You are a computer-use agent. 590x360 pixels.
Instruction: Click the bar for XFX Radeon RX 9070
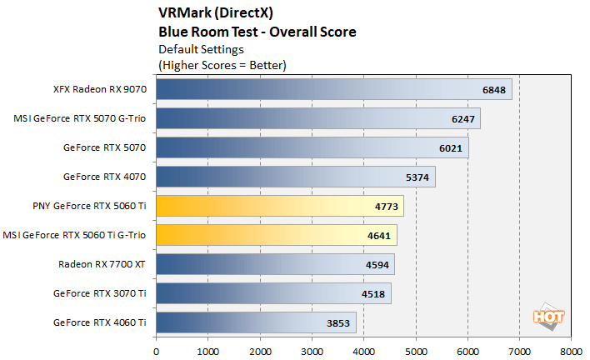(x=333, y=89)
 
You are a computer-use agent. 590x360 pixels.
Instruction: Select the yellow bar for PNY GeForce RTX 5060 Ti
(x=279, y=206)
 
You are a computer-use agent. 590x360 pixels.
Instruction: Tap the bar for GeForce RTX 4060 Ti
(x=256, y=322)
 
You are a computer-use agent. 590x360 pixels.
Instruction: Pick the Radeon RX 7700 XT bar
(x=275, y=264)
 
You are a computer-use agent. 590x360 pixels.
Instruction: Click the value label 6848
(x=494, y=90)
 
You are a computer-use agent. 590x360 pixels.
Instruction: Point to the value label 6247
(x=462, y=119)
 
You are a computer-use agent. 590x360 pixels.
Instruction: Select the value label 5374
(x=417, y=177)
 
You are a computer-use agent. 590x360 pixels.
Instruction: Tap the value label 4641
(x=379, y=236)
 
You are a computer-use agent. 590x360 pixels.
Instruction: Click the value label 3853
(x=338, y=322)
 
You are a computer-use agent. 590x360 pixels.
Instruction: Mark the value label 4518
(x=373, y=293)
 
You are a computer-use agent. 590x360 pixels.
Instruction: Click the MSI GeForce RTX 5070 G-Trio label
(x=80, y=118)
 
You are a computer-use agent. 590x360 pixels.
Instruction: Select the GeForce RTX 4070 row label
(x=104, y=177)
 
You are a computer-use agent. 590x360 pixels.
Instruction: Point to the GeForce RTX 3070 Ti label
(x=99, y=292)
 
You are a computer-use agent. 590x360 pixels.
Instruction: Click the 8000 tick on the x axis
(x=571, y=350)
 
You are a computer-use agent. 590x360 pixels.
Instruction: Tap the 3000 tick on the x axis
(x=311, y=350)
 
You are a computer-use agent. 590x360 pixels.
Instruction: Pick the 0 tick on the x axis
(x=156, y=350)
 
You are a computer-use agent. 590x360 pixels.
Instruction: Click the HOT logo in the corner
(x=544, y=317)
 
